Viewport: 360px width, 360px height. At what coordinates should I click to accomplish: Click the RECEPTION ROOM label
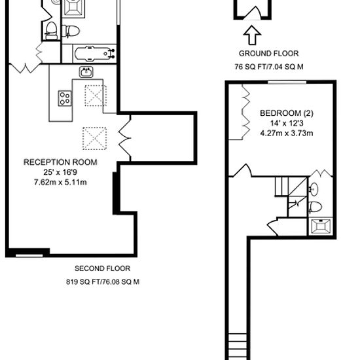pyautogui.click(x=60, y=162)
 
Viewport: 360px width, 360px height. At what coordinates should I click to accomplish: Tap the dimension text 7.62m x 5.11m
pyautogui.click(x=60, y=183)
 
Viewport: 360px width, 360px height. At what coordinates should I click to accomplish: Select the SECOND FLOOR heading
pyautogui.click(x=102, y=268)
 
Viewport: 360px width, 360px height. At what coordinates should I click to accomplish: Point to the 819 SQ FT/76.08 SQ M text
pyautogui.click(x=103, y=281)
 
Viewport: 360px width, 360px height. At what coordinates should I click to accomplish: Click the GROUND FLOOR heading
pyautogui.click(x=268, y=54)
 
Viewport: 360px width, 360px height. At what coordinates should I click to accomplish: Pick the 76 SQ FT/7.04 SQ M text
pyautogui.click(x=269, y=67)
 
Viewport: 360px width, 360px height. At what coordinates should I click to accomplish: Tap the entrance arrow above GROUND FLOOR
pyautogui.click(x=252, y=35)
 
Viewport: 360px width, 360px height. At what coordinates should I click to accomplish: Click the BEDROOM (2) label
pyautogui.click(x=287, y=113)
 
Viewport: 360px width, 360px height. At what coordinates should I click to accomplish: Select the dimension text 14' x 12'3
pyautogui.click(x=287, y=123)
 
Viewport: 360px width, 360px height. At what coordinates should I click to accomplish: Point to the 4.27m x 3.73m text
pyautogui.click(x=287, y=134)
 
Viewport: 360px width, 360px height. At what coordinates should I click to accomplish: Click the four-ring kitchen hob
pyautogui.click(x=65, y=98)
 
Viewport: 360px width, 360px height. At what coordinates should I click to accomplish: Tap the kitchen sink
pyautogui.click(x=86, y=72)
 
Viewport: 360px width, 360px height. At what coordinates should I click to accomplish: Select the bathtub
pyautogui.click(x=94, y=54)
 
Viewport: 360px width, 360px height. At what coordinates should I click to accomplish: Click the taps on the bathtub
pyautogui.click(x=113, y=54)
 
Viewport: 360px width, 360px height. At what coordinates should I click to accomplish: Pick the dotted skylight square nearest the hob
pyautogui.click(x=96, y=96)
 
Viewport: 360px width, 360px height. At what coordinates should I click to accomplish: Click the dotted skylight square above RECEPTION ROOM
pyautogui.click(x=95, y=139)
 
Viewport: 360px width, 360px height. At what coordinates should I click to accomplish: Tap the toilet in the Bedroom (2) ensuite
pyautogui.click(x=315, y=207)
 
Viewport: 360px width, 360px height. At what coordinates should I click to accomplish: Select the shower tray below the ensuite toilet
pyautogui.click(x=321, y=226)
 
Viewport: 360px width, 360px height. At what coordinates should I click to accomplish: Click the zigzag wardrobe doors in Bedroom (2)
pyautogui.click(x=246, y=112)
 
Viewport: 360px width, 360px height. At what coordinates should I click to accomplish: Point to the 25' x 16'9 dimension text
pyautogui.click(x=60, y=172)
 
